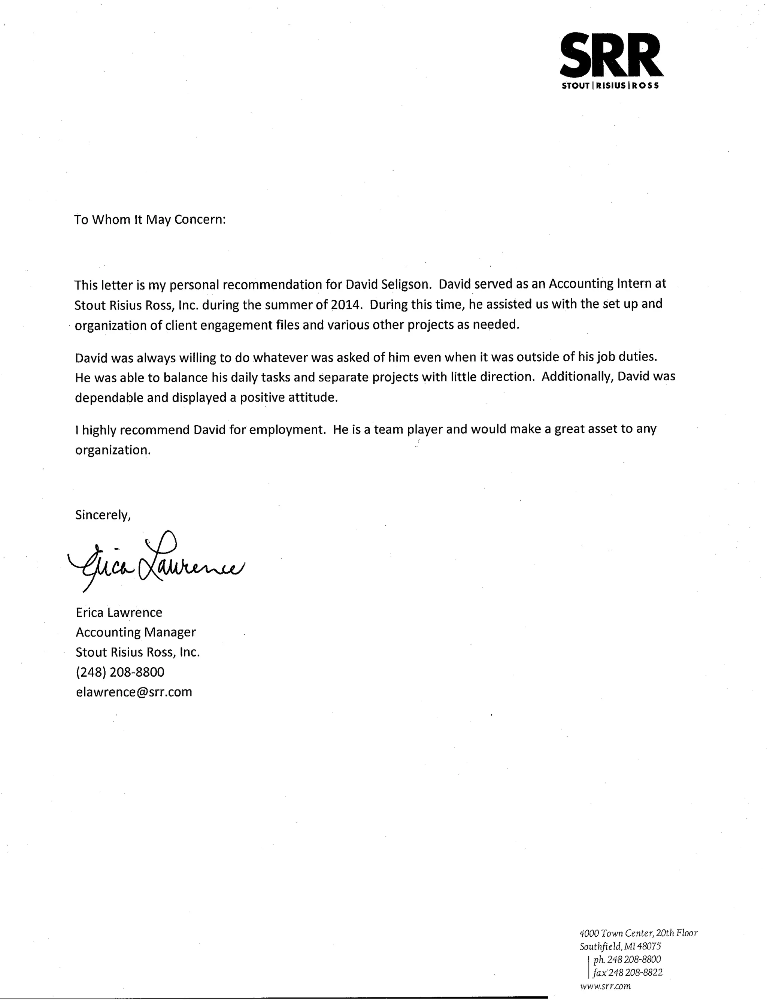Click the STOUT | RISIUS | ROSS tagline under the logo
pyautogui.click(x=610, y=86)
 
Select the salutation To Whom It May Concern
pyautogui.click(x=150, y=220)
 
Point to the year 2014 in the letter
pyautogui.click(x=342, y=305)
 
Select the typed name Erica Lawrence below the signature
pyautogui.click(x=119, y=612)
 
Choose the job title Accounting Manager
pyautogui.click(x=136, y=632)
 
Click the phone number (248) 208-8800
pyautogui.click(x=120, y=672)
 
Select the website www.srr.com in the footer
pyautogui.click(x=605, y=986)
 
